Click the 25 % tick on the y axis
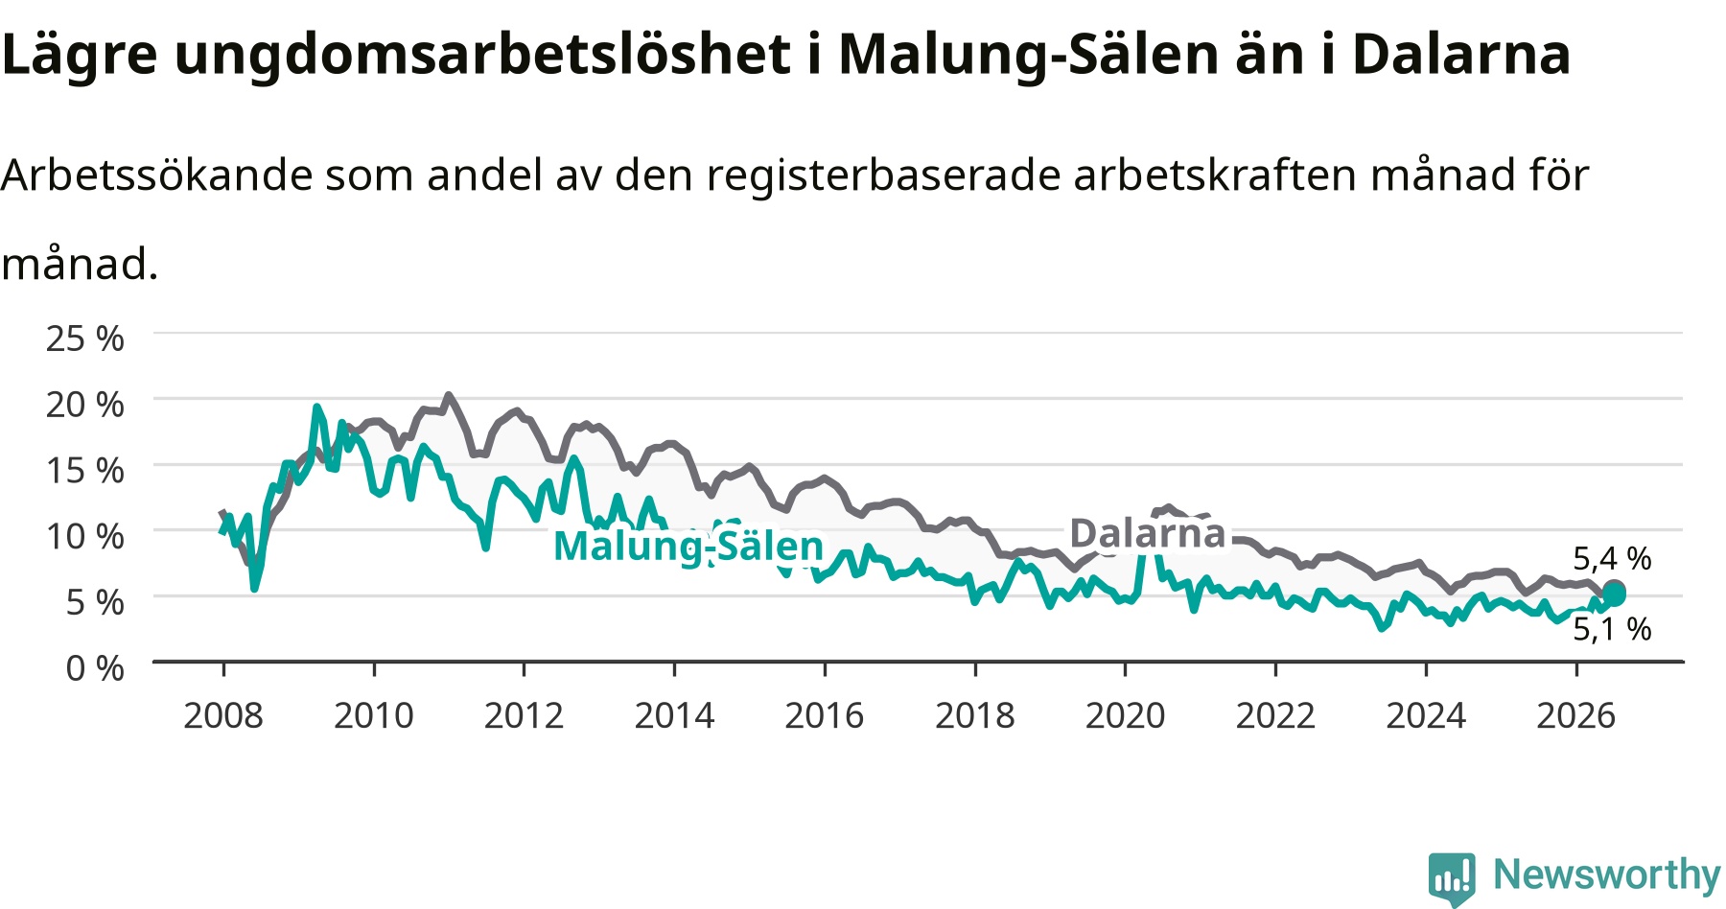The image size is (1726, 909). click(85, 338)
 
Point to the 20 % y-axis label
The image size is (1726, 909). click(85, 405)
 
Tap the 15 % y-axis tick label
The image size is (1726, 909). click(85, 470)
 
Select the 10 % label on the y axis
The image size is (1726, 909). click(85, 536)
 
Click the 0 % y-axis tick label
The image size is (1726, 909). click(95, 667)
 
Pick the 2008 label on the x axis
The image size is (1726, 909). click(223, 715)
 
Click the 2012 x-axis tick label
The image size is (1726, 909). click(524, 715)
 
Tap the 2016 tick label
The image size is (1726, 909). click(825, 715)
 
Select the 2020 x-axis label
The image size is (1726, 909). click(1125, 715)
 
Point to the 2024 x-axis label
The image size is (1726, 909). click(1426, 715)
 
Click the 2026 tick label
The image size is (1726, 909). click(1576, 715)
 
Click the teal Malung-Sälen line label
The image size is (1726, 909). click(688, 547)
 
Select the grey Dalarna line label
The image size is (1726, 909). click(1148, 533)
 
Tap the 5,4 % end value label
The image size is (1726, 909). click(1612, 558)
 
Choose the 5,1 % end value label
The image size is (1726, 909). click(1612, 629)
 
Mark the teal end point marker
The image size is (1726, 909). click(1615, 595)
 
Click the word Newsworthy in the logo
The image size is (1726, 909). click(1607, 874)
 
